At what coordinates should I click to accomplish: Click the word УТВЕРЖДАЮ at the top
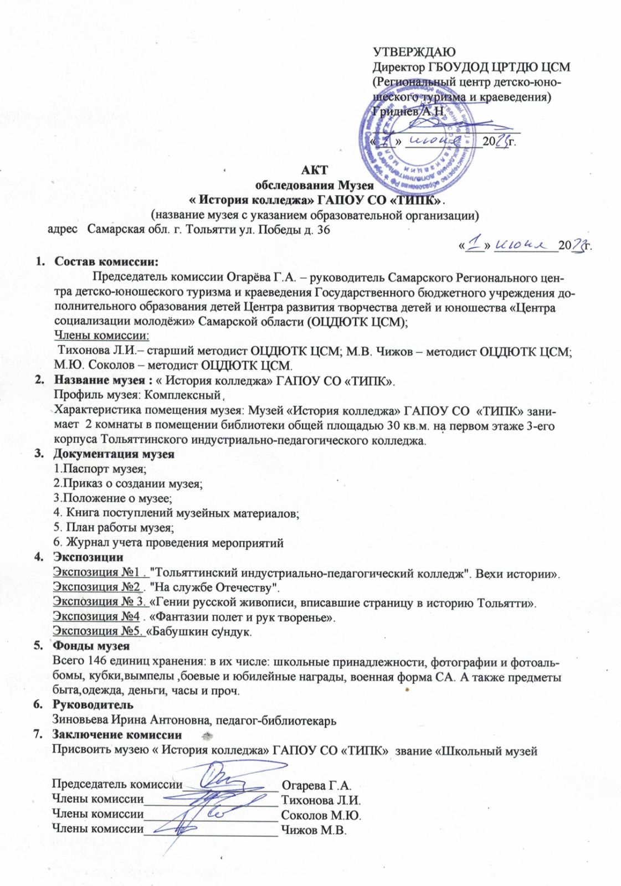[414, 53]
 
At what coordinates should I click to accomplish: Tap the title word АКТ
[314, 170]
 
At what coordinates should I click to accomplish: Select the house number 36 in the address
[322, 230]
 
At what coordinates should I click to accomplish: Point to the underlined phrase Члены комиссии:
[101, 336]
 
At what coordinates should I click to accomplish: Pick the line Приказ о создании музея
[128, 483]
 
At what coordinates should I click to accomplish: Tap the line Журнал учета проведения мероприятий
[168, 543]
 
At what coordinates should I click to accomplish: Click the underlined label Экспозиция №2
[96, 587]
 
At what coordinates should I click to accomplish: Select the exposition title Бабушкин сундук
[202, 631]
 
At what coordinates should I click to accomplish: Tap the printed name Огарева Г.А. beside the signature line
[316, 785]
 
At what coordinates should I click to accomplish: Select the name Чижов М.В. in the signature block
[314, 830]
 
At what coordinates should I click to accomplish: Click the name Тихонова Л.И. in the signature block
[321, 800]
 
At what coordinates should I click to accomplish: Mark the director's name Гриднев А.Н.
[408, 111]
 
